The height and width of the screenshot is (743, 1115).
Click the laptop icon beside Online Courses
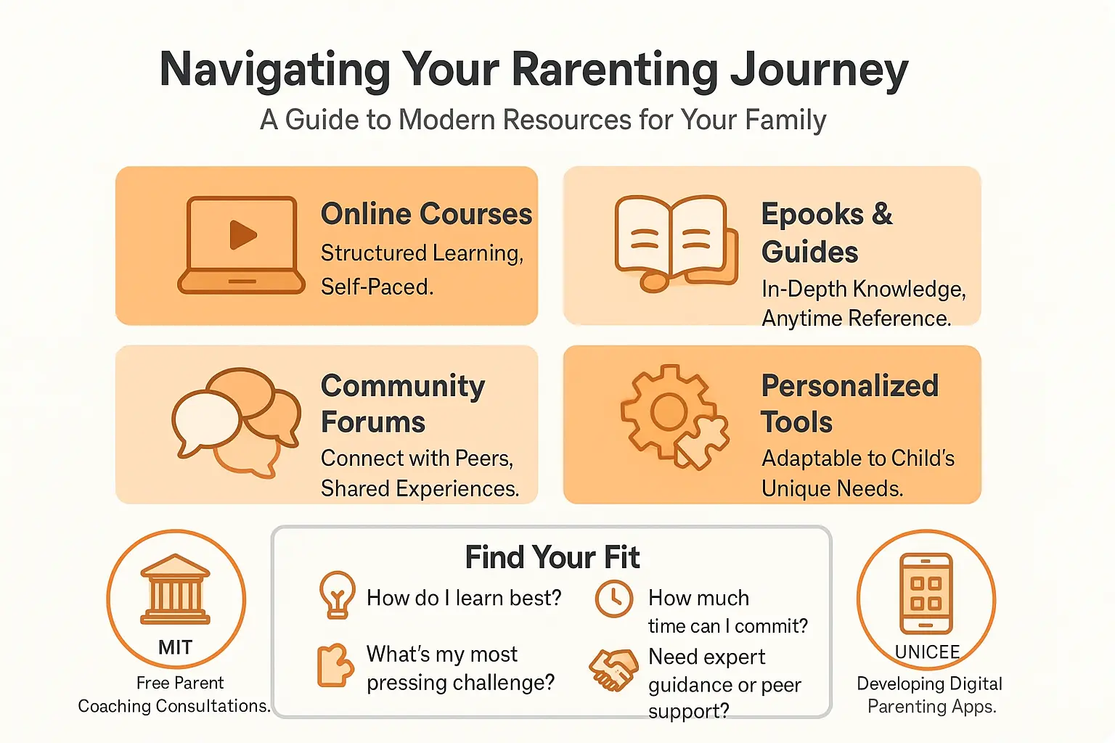(242, 245)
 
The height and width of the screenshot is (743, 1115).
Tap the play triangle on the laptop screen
(242, 234)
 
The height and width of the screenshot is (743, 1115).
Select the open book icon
(674, 242)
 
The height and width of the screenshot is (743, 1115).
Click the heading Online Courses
(426, 214)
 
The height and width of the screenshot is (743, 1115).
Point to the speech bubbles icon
(234, 421)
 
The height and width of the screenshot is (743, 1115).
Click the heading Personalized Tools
(849, 403)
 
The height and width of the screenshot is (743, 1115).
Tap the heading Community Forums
(402, 403)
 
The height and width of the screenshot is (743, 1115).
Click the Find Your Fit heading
(552, 557)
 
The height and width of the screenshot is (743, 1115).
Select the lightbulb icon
(337, 594)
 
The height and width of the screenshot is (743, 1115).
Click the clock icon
(614, 599)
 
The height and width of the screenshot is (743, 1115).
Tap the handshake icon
(613, 668)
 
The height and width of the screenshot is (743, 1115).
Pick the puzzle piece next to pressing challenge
(335, 665)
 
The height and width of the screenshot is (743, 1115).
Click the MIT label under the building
(176, 647)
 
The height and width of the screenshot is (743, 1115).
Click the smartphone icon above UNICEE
(926, 593)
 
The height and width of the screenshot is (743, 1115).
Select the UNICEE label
(927, 652)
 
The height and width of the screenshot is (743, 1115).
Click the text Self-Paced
(377, 287)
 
